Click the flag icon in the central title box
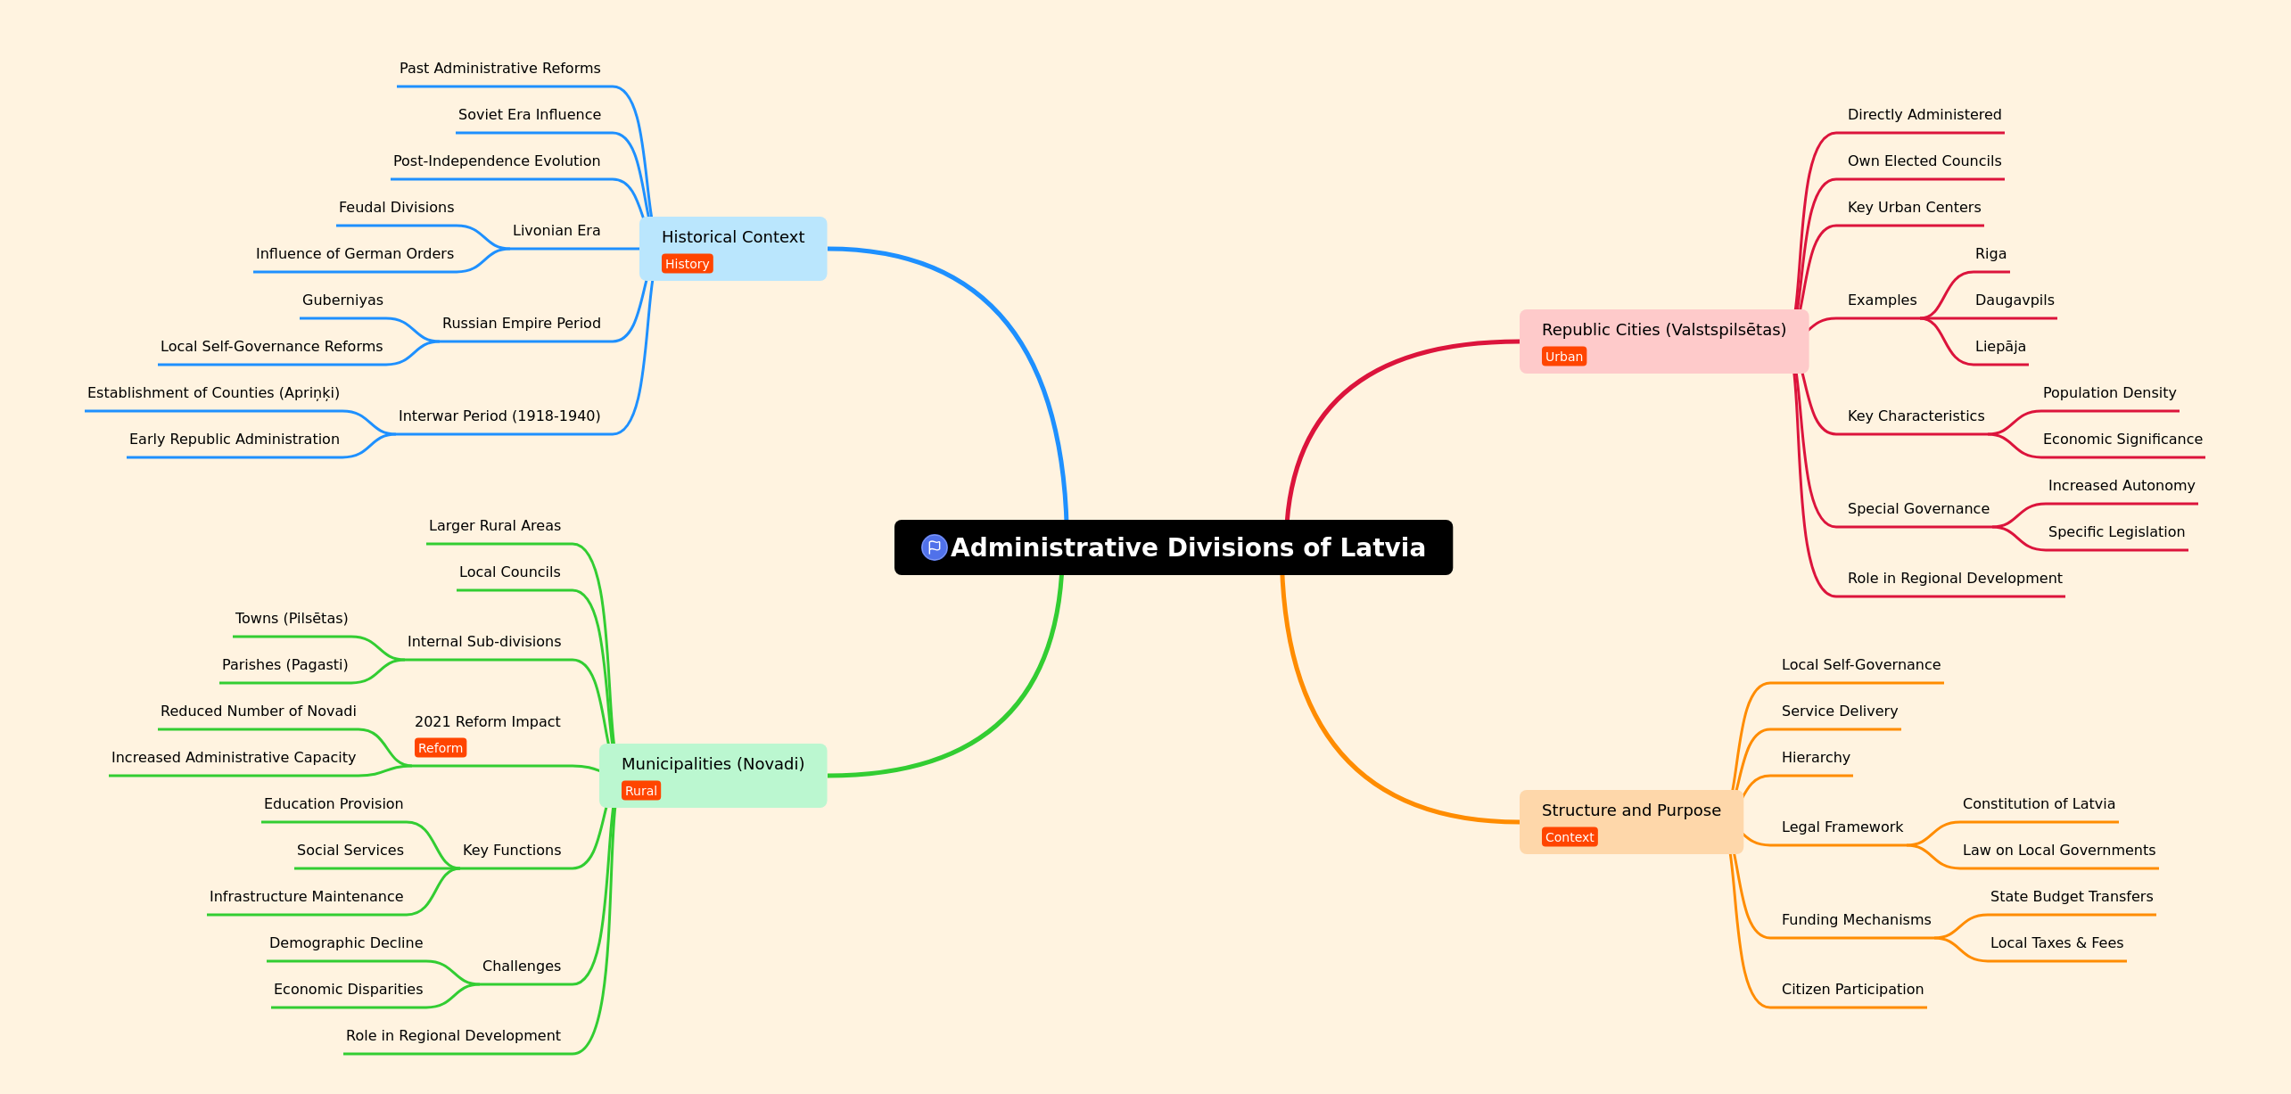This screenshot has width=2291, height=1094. click(934, 547)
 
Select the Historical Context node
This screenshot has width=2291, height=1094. click(733, 249)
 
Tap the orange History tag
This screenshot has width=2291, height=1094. click(687, 264)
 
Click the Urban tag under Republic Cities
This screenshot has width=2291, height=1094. click(1564, 357)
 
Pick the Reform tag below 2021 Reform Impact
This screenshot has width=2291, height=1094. click(441, 748)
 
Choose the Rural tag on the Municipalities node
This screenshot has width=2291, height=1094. click(641, 791)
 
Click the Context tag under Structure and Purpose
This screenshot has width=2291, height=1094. click(1570, 837)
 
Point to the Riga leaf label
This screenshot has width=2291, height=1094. click(1990, 254)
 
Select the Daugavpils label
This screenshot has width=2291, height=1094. click(2015, 300)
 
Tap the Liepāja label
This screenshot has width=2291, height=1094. click(2000, 347)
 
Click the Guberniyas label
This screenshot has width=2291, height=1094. click(342, 300)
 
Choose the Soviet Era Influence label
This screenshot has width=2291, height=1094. click(530, 115)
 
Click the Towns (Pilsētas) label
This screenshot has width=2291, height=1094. click(292, 619)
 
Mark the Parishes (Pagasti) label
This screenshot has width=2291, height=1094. click(284, 665)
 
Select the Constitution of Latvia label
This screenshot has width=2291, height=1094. click(2039, 804)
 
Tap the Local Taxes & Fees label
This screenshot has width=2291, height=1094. click(2056, 943)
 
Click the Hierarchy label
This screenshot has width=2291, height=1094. click(1816, 758)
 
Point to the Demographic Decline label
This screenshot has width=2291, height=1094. click(346, 943)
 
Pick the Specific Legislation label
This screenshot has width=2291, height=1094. click(2116, 532)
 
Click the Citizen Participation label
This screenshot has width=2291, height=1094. click(1852, 990)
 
